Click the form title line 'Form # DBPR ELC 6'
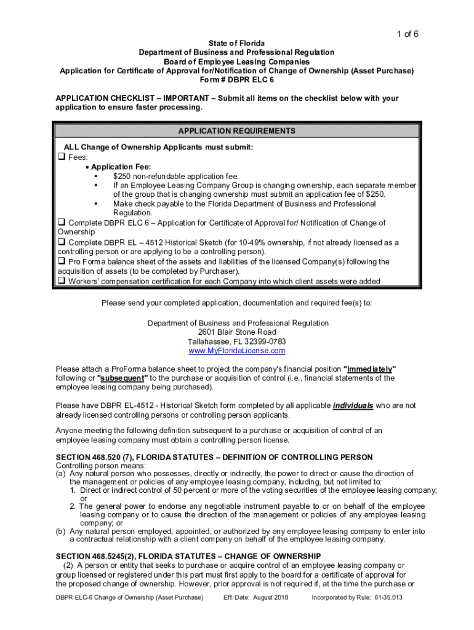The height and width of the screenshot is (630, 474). coord(237,80)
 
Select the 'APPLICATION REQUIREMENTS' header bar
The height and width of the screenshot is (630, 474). coord(237,131)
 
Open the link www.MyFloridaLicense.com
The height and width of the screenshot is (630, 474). coord(237,351)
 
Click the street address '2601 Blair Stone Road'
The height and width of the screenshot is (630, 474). coord(237,332)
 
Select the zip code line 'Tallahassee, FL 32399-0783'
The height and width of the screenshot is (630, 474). coord(237,341)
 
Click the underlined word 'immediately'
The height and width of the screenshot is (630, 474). coord(369,369)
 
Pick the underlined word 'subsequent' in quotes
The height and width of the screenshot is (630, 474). coord(123,378)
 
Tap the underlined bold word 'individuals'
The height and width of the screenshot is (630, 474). coord(353,406)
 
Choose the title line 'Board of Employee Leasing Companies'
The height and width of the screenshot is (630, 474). coord(237,62)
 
